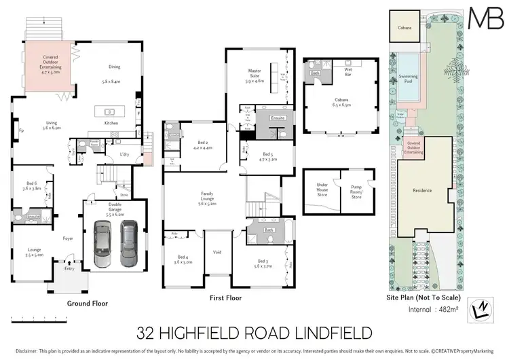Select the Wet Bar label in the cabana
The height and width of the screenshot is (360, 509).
349,69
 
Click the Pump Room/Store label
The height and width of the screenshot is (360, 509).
357,192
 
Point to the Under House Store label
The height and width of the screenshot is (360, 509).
321,192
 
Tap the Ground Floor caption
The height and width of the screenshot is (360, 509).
87,304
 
